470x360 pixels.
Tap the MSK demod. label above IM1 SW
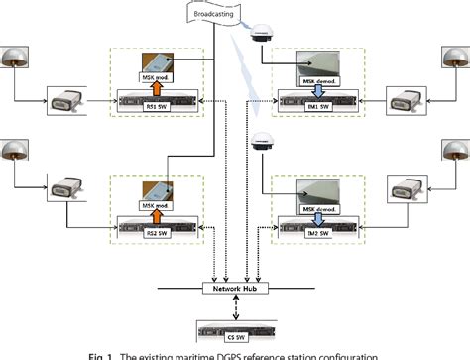tap(317, 75)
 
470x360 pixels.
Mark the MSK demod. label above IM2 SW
tap(317, 208)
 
